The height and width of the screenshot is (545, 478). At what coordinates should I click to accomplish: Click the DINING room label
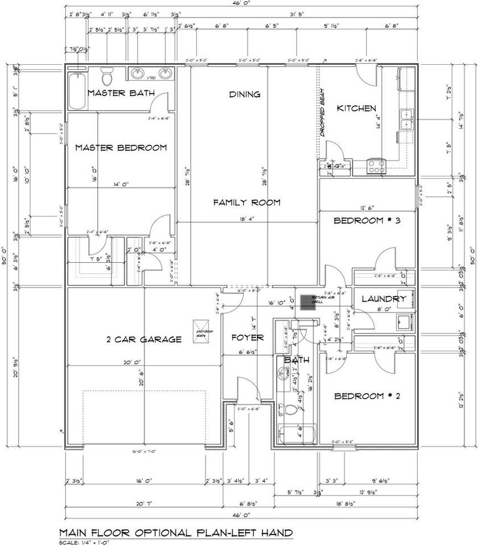245,94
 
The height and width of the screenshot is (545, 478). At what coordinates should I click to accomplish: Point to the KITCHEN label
356,108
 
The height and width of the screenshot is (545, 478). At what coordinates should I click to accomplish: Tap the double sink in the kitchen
406,120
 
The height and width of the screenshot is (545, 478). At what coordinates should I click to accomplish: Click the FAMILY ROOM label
247,202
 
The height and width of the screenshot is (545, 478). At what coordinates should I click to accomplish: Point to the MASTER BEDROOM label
121,148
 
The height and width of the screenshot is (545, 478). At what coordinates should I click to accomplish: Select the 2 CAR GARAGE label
144,339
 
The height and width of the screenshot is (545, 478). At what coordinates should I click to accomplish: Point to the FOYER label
247,338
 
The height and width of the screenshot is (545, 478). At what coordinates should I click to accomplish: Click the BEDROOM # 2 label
367,396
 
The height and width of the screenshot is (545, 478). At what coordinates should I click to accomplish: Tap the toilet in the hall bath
289,410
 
